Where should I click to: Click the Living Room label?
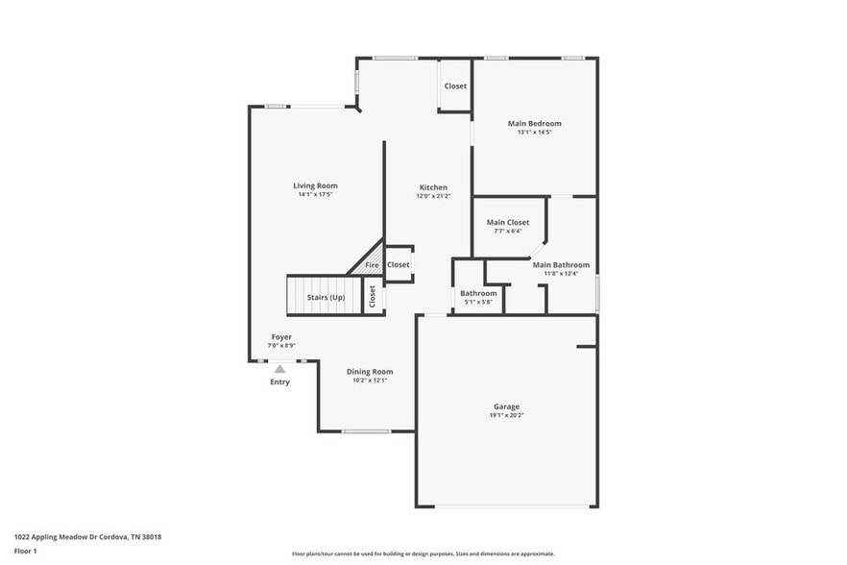[x=315, y=185]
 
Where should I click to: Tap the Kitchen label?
[x=433, y=187]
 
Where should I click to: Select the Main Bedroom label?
[x=534, y=123]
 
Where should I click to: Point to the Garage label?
[x=507, y=406]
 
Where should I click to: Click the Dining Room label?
[x=370, y=372]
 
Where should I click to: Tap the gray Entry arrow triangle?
[x=279, y=368]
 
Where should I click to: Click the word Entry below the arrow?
[x=279, y=381]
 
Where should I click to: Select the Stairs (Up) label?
[x=326, y=297]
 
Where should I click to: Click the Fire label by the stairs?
[x=372, y=264]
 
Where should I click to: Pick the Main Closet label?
[x=507, y=222]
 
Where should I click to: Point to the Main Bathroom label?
[x=561, y=265]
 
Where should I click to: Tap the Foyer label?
[x=281, y=337]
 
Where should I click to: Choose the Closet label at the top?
[x=455, y=86]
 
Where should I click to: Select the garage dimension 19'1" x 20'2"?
[x=507, y=415]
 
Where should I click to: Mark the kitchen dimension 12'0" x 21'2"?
[x=433, y=196]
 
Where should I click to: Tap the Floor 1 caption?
[x=25, y=551]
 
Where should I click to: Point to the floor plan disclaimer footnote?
[x=423, y=553]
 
